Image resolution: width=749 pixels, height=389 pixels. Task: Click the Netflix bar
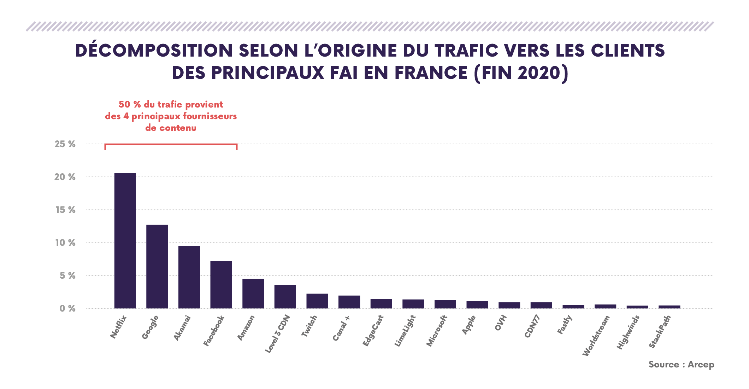point(125,240)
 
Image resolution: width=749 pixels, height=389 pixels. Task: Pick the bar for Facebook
point(221,284)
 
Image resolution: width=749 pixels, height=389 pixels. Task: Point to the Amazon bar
point(253,294)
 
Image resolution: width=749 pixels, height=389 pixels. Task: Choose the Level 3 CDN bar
point(285,296)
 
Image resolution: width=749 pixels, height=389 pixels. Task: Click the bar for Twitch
point(317,301)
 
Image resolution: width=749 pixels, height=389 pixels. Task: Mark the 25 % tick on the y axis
point(65,144)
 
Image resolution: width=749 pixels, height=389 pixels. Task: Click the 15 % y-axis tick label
point(65,210)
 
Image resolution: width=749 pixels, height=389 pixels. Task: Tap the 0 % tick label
point(67,308)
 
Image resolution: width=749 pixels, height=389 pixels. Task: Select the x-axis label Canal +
point(341,328)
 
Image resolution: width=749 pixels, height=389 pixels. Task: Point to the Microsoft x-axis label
point(437,331)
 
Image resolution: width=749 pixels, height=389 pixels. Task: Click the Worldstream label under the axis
point(596,336)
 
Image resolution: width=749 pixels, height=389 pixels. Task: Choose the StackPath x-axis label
point(660,332)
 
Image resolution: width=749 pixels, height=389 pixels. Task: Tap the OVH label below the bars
point(501,323)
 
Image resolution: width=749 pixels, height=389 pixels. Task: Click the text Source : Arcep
point(681,365)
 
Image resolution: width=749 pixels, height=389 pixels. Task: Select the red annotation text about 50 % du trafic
point(171,116)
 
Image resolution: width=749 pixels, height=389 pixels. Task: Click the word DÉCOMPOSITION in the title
point(154,51)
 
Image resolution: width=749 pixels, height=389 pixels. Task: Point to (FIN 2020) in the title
point(521,73)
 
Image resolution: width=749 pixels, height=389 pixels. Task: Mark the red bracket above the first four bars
point(171,144)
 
